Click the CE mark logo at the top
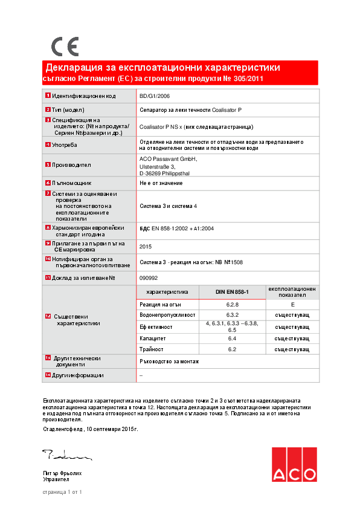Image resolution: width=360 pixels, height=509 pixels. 65,47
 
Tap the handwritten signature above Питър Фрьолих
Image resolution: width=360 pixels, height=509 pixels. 66,454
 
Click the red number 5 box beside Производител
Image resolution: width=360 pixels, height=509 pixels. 48,164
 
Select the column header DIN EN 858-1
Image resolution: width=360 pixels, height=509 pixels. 232,291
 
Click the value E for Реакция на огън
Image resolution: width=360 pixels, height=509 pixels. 292,304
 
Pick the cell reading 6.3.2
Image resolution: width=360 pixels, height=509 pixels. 233,315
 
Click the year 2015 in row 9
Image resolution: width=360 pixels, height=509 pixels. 146,246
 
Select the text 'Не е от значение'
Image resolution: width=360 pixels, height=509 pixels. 161,183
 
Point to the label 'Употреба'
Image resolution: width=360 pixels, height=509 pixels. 65,145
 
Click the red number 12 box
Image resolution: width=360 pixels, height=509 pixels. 48,316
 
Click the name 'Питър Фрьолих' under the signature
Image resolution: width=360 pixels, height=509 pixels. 62,473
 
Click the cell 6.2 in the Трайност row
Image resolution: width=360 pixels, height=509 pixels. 232,349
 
